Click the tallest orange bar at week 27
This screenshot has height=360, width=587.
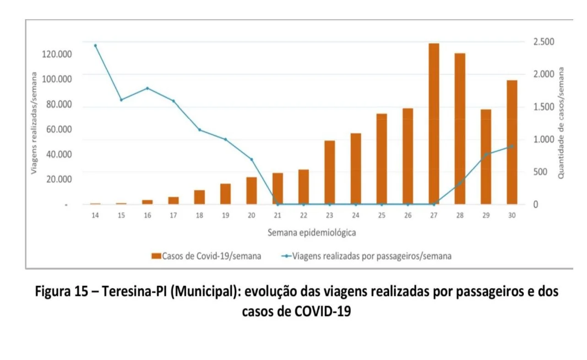(x=434, y=124)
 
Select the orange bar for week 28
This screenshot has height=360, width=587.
(x=460, y=129)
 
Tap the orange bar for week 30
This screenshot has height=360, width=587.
(x=511, y=142)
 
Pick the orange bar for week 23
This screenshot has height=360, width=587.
(x=330, y=172)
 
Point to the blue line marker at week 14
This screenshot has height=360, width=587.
(x=95, y=46)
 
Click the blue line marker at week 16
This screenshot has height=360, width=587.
(x=147, y=88)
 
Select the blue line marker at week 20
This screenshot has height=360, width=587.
(x=251, y=159)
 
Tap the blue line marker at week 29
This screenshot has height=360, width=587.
(x=486, y=154)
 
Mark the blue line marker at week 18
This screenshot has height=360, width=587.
(x=199, y=130)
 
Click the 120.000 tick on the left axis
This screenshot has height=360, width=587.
(x=57, y=55)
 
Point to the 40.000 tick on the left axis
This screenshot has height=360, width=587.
(x=59, y=154)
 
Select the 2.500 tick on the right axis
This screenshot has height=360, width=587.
(x=543, y=42)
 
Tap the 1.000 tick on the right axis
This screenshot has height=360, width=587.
(x=543, y=139)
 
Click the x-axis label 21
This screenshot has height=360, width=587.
(x=277, y=215)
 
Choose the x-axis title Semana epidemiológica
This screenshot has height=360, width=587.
(x=311, y=232)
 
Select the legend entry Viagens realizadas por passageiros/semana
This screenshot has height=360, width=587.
(x=371, y=256)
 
